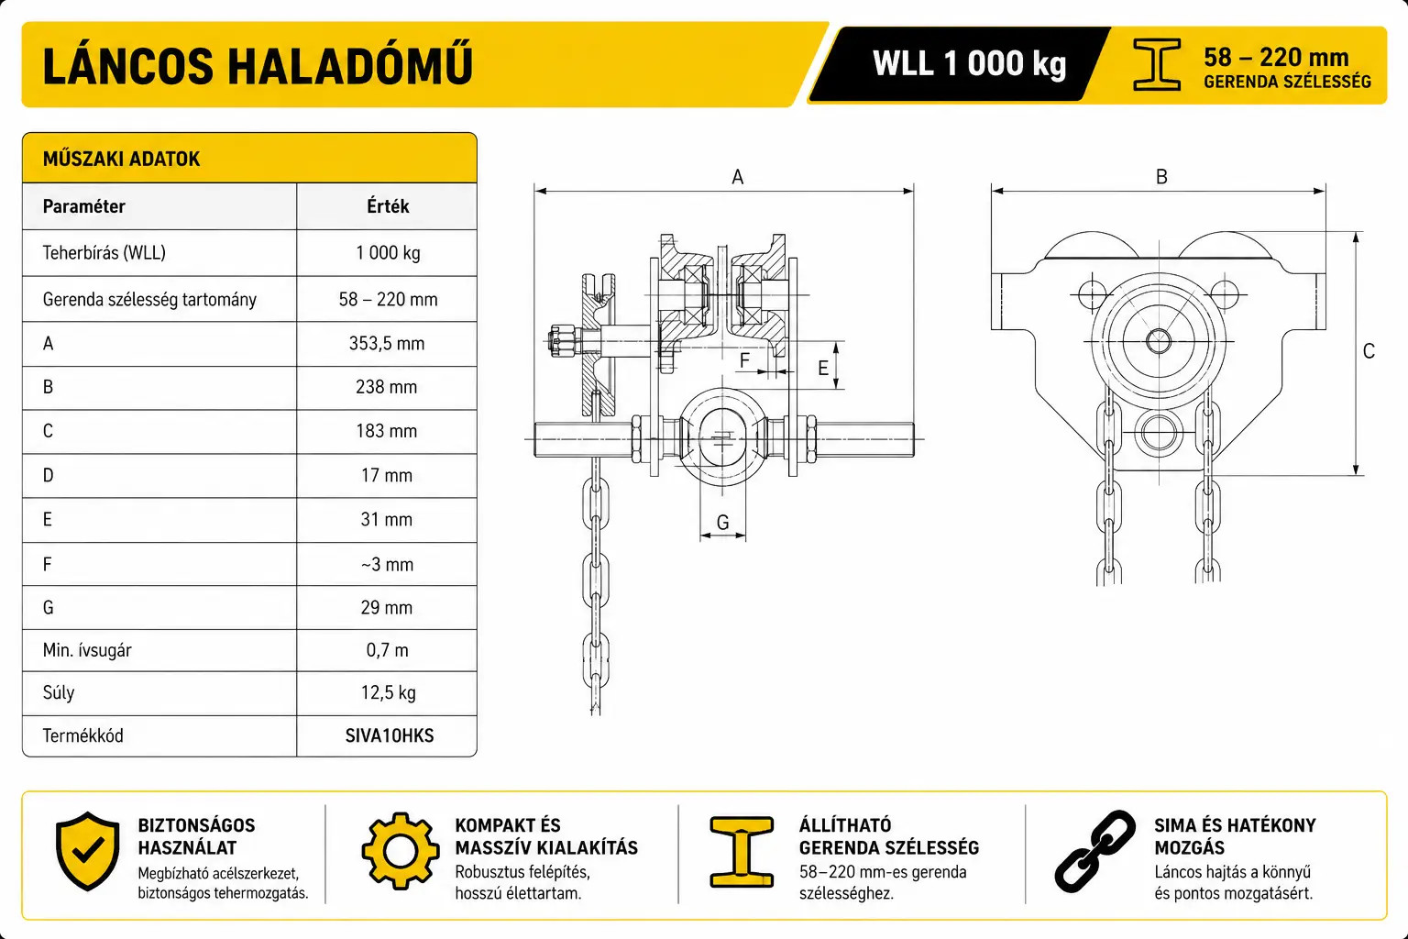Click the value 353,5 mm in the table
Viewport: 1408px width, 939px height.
pos(387,343)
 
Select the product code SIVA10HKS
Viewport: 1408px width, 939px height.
pos(389,735)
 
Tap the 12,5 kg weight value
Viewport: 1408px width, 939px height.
pos(388,692)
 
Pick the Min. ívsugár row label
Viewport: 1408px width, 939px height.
pos(87,650)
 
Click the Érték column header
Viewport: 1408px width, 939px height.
pos(388,206)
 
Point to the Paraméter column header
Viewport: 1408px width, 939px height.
pos(83,206)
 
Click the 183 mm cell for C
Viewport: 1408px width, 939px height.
pos(387,431)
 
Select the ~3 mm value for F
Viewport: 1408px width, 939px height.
pos(387,564)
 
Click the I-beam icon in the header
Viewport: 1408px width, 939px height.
pos(1157,64)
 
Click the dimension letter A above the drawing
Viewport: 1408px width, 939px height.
pos(737,177)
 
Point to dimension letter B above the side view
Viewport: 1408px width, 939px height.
pos(1161,177)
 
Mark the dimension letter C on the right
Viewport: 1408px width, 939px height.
pos(1369,351)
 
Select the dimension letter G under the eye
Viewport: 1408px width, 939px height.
pos(723,522)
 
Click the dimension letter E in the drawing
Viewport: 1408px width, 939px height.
pos(823,368)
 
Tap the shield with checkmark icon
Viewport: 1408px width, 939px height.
pos(87,851)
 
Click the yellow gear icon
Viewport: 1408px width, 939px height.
pos(401,851)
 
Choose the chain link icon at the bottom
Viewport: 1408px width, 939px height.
pos(1095,851)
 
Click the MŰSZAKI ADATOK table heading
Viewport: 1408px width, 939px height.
pos(121,159)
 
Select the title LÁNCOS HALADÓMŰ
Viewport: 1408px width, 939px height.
pos(258,65)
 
